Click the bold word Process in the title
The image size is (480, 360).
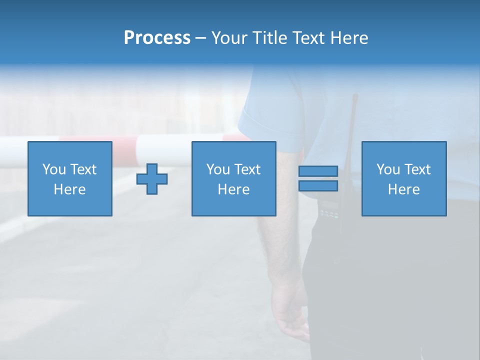click(157, 38)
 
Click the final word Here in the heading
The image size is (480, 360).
click(349, 38)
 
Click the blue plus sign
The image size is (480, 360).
click(152, 179)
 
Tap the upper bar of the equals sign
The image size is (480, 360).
click(318, 171)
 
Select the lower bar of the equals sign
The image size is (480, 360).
click(318, 186)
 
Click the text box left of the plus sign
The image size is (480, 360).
click(69, 178)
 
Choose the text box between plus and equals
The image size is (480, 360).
click(233, 178)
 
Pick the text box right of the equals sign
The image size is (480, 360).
click(403, 178)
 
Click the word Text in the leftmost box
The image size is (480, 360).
click(83, 169)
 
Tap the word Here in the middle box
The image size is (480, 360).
click(233, 189)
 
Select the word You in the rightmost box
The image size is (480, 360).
click(388, 169)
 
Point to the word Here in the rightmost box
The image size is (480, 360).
click(403, 189)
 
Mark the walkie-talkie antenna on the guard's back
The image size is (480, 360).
click(351, 125)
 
